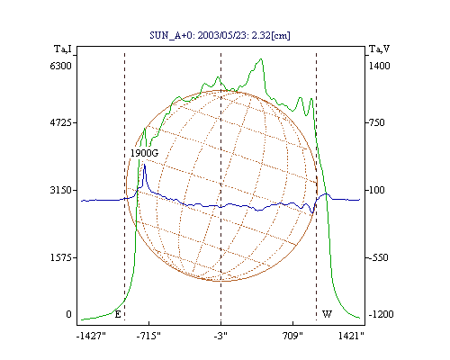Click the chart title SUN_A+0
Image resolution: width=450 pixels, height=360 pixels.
169,35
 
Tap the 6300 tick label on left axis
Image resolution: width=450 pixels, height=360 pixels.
60,66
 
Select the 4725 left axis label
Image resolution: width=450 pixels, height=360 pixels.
61,122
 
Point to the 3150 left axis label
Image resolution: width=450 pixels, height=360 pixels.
61,190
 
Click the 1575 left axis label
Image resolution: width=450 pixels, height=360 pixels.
61,257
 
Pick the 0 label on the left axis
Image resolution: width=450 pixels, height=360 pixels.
68,314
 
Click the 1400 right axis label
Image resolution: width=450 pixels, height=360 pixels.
379,66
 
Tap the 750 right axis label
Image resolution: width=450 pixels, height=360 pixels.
375,122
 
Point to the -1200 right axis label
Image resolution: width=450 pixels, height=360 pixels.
381,314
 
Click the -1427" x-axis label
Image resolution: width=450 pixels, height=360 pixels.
91,336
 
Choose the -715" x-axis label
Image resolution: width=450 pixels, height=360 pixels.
148,336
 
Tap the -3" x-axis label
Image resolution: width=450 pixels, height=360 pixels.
220,336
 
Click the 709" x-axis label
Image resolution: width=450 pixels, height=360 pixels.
292,336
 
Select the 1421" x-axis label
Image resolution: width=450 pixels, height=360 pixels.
351,336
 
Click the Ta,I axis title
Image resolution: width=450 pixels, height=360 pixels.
63,49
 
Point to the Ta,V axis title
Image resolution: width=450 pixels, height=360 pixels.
379,49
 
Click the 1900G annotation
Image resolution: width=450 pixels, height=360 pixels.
144,153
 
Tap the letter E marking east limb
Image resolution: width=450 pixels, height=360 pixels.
118,314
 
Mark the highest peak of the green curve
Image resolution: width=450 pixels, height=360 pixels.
261,58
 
